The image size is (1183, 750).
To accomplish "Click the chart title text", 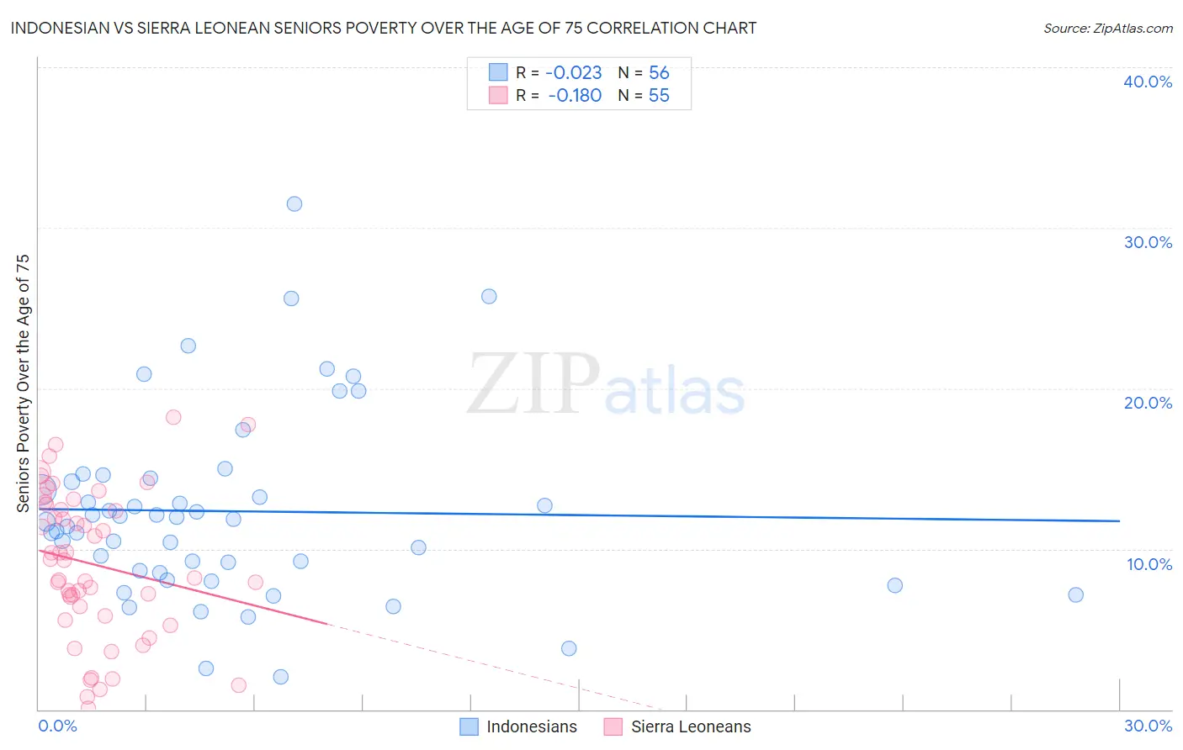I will [x=384, y=28].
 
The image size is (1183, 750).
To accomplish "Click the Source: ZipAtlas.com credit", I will [x=1107, y=29].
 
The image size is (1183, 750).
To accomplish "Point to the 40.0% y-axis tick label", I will [x=1148, y=82].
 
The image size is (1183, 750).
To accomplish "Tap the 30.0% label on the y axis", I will [x=1148, y=242].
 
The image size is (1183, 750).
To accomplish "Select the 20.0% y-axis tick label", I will [x=1148, y=403].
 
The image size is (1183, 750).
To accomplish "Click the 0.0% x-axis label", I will [x=57, y=726].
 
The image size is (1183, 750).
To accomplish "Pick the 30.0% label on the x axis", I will [x=1148, y=726].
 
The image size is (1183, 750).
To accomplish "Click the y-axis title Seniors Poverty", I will [x=23, y=383].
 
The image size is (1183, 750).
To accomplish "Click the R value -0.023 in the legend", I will [x=574, y=73].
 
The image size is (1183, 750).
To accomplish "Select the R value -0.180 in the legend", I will [x=574, y=96].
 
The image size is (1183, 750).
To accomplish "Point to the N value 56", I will [x=659, y=73].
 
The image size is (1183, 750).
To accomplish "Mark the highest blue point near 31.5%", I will [x=294, y=203].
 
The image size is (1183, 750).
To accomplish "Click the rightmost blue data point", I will [x=1075, y=594].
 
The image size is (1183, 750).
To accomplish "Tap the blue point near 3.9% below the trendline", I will [x=569, y=648].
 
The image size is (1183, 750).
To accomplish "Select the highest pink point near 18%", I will [x=173, y=417].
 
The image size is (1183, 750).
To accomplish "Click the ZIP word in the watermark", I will [x=533, y=385].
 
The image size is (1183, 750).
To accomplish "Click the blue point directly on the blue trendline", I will [x=544, y=505].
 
